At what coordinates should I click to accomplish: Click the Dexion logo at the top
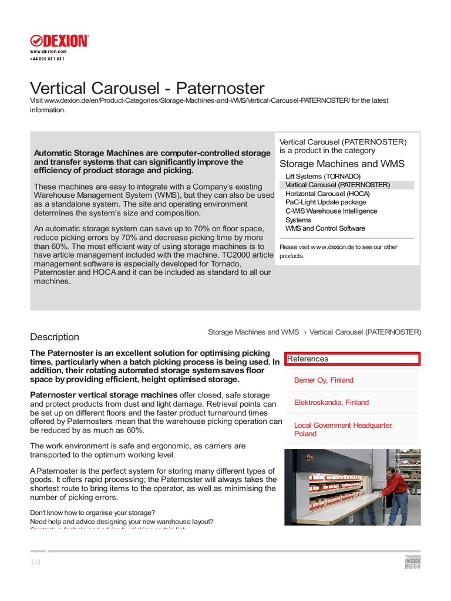coord(59,40)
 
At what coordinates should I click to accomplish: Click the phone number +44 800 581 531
coord(47,59)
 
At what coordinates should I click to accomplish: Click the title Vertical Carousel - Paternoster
coord(147,88)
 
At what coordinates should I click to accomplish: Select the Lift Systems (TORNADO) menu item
coord(322,176)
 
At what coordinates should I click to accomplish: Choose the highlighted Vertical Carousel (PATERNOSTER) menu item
coord(337,185)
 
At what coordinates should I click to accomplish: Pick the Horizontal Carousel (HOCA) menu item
coord(328,194)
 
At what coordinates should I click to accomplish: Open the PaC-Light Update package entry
coord(325,202)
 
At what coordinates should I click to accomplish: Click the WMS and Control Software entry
coord(325,228)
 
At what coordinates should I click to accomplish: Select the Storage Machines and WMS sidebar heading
coord(342,164)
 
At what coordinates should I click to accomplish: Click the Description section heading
coord(55,337)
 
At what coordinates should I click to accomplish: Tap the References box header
coord(352,359)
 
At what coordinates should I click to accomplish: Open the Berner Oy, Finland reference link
coord(324,380)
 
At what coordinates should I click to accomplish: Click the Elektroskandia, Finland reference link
coord(331,403)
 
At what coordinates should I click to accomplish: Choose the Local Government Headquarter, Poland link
coord(343,429)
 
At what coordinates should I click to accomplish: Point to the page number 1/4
coord(35,562)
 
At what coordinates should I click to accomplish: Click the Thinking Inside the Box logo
coord(413,562)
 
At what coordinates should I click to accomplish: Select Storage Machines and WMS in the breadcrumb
coord(254,332)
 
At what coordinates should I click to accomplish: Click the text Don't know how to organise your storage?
coord(92,512)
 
